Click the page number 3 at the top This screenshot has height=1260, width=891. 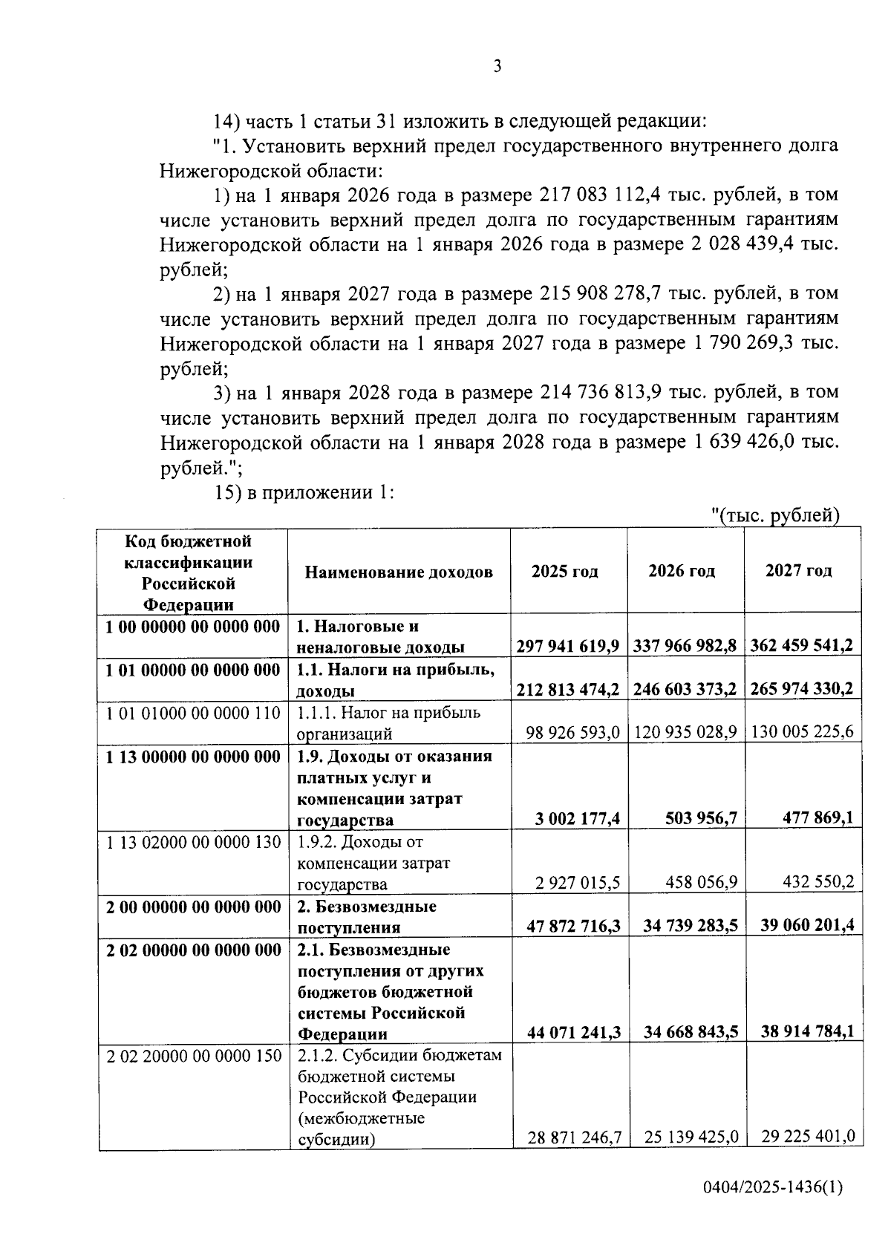point(497,67)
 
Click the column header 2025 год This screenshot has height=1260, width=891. point(564,572)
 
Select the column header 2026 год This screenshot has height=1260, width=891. point(682,571)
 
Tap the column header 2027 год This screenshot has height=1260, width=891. point(799,571)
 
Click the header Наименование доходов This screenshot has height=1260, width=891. point(398,572)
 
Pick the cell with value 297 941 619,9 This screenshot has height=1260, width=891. point(568,646)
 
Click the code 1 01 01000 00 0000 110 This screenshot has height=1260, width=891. point(193,714)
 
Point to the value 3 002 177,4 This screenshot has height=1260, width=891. point(577,819)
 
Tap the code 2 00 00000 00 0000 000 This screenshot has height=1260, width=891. point(193,907)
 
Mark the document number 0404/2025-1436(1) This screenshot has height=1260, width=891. point(773,1208)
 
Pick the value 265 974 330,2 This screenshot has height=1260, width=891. point(802,689)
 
